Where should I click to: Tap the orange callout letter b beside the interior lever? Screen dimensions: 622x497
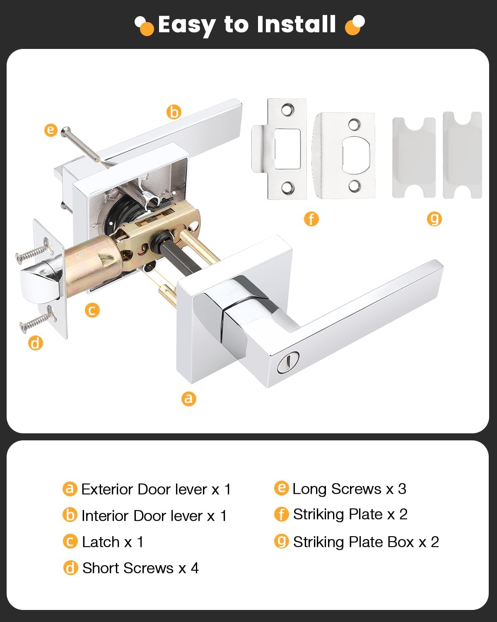click(x=174, y=112)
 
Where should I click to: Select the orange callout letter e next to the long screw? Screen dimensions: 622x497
click(x=51, y=130)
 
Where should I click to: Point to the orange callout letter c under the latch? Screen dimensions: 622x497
click(x=92, y=310)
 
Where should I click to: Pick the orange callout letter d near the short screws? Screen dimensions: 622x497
click(x=36, y=343)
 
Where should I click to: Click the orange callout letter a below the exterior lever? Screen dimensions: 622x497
click(x=188, y=398)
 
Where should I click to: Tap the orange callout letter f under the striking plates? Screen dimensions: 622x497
click(x=311, y=219)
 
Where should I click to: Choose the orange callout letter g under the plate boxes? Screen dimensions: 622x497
click(x=434, y=218)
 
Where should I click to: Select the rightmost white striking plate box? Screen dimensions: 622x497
click(x=462, y=155)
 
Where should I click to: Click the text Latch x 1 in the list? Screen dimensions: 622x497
click(x=112, y=542)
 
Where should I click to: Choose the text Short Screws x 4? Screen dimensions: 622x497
click(x=140, y=568)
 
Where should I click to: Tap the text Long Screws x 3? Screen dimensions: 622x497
click(x=349, y=489)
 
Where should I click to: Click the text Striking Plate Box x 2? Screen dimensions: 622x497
click(x=366, y=542)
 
